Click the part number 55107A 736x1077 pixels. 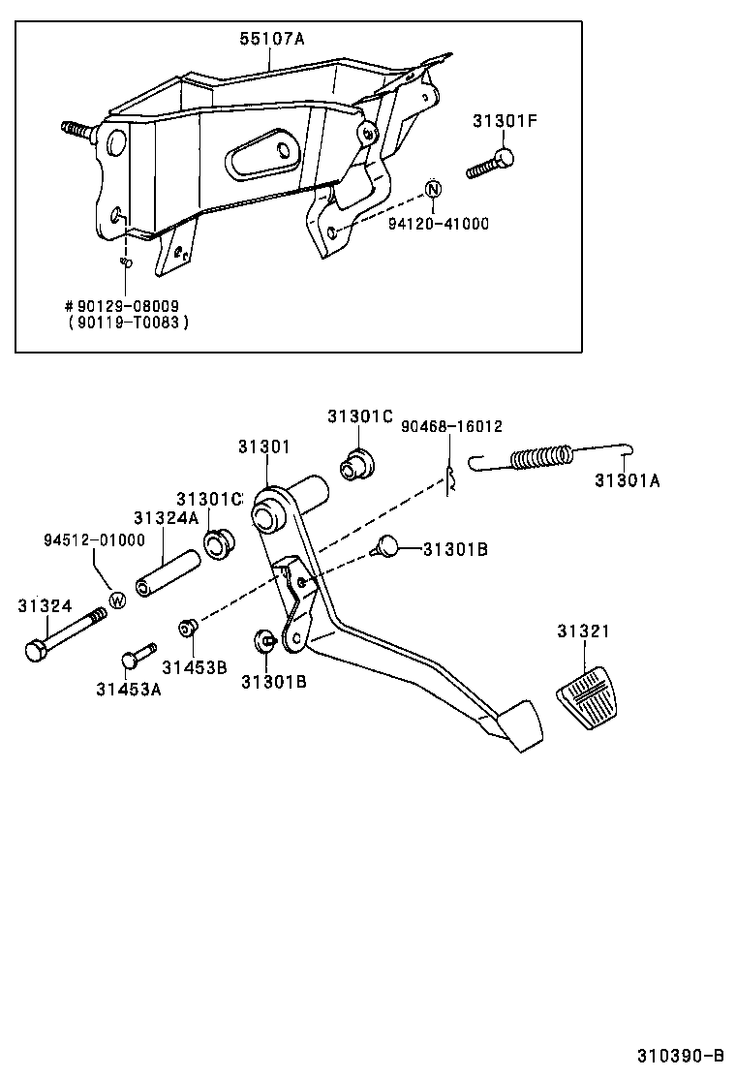tap(272, 39)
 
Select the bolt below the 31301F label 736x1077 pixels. tap(491, 164)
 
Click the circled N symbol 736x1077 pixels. tap(433, 189)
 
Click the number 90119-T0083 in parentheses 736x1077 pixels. tap(129, 322)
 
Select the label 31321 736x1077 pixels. tap(583, 631)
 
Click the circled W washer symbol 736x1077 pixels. tap(116, 600)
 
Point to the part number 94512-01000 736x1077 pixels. tap(93, 539)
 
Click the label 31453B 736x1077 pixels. tap(194, 666)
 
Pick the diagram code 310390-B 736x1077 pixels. tap(680, 1055)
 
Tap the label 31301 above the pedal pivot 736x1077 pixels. tap(264, 446)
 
